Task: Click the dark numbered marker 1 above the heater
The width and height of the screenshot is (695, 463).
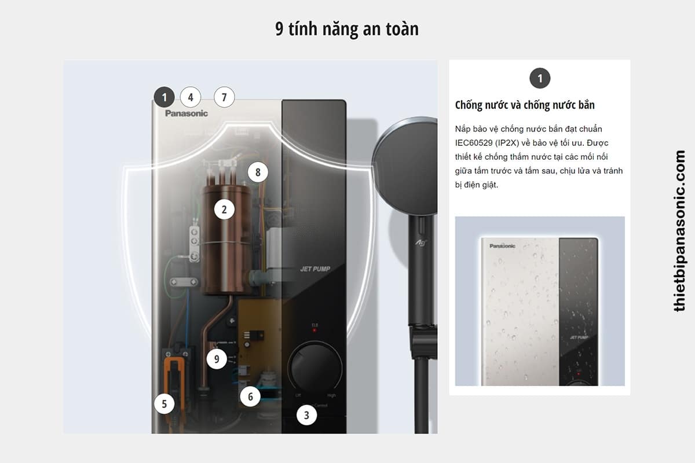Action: (x=164, y=97)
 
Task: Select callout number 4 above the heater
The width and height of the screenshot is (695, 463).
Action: (x=191, y=97)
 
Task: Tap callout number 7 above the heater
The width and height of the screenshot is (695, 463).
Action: (x=224, y=97)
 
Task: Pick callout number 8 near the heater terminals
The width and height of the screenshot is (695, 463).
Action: (x=258, y=172)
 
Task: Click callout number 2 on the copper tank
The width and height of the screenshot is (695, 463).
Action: (x=224, y=210)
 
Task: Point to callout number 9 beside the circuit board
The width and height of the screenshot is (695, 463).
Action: (x=217, y=359)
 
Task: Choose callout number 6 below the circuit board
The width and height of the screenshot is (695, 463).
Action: (x=250, y=396)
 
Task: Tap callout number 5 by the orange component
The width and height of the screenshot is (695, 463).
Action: (x=164, y=404)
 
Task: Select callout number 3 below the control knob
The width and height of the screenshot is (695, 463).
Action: (x=306, y=415)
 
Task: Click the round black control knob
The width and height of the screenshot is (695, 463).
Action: (x=314, y=368)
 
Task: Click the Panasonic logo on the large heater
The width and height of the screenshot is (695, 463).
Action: (x=186, y=113)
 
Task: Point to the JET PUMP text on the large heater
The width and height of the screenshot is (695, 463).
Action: (x=315, y=269)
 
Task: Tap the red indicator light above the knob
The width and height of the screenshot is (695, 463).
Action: (x=314, y=330)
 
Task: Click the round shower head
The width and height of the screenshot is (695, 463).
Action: (x=405, y=166)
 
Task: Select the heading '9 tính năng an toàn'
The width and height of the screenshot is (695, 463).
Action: (x=347, y=29)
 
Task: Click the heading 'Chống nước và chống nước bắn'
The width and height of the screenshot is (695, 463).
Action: (x=525, y=105)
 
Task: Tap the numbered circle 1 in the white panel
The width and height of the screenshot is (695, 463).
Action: (x=540, y=78)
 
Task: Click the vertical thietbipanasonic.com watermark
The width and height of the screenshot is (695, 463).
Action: (x=679, y=231)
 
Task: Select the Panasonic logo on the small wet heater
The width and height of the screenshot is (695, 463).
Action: (x=502, y=246)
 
